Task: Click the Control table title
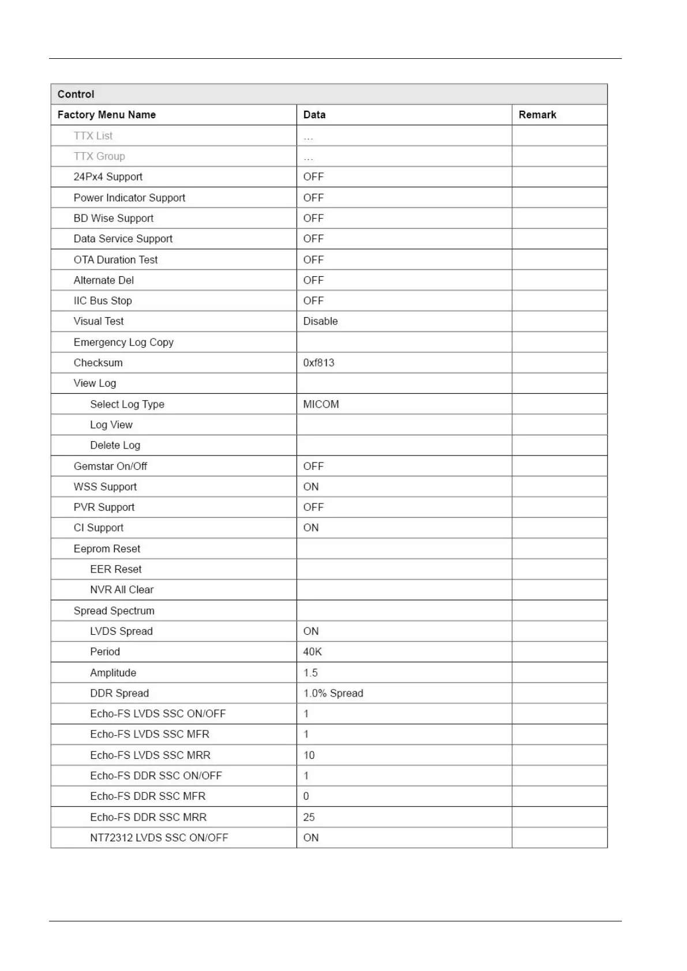coord(76,94)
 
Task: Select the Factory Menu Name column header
coord(106,115)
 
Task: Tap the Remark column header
coord(537,115)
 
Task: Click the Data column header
coord(314,115)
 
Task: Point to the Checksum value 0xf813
coord(318,363)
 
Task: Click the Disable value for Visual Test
coord(320,321)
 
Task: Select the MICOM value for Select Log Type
coord(321,404)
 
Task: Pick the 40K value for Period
coord(312,652)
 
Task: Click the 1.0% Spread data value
coord(333,693)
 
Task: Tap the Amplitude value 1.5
coord(310,673)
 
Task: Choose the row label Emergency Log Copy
coord(123,343)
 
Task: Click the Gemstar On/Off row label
coord(110,466)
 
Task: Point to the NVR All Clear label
coord(122,590)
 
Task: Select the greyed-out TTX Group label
coord(99,156)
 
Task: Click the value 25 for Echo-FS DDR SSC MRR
coord(309,817)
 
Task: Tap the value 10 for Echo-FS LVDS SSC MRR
coord(309,755)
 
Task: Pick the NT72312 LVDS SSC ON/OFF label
coord(159,838)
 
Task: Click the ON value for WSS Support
coord(310,487)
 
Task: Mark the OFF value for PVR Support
coord(313,507)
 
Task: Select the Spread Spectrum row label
coord(114,611)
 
